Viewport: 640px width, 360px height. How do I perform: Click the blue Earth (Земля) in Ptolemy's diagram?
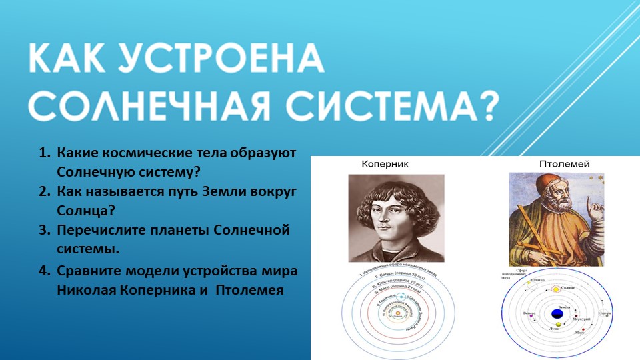556,313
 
